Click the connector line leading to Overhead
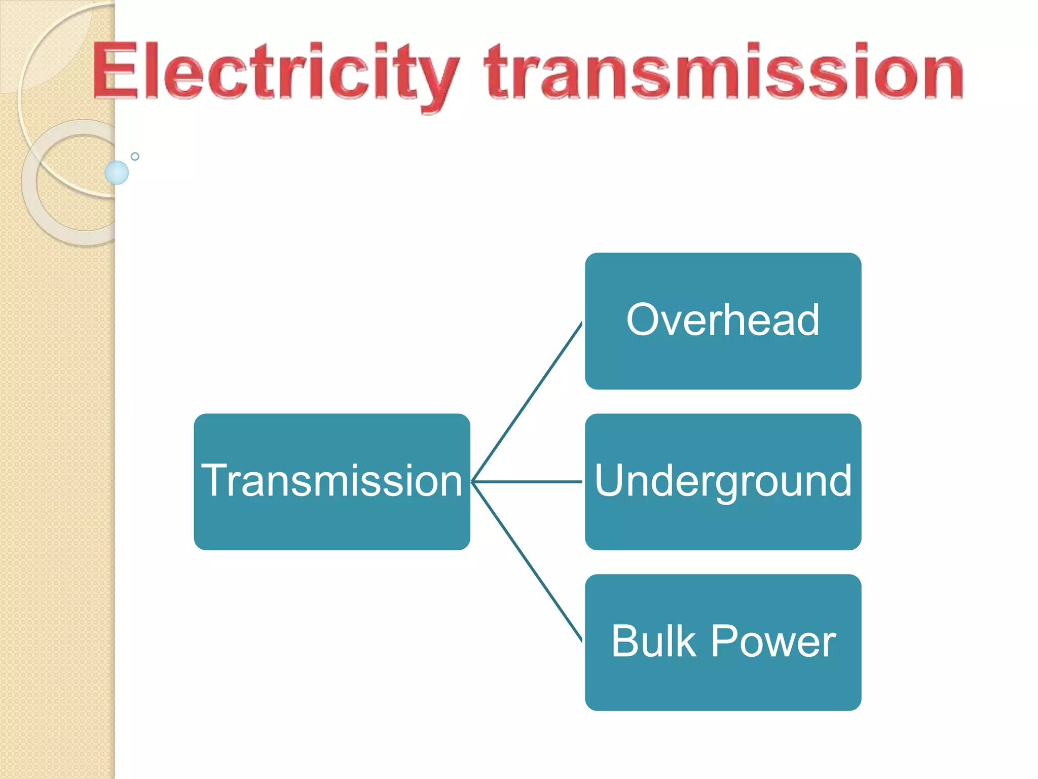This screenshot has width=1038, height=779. click(527, 402)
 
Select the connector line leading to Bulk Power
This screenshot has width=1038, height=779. click(527, 561)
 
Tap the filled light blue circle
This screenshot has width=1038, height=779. click(117, 172)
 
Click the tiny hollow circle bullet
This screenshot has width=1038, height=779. click(135, 156)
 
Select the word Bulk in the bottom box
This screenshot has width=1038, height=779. click(654, 642)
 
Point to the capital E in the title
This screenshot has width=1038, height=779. click(116, 71)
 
